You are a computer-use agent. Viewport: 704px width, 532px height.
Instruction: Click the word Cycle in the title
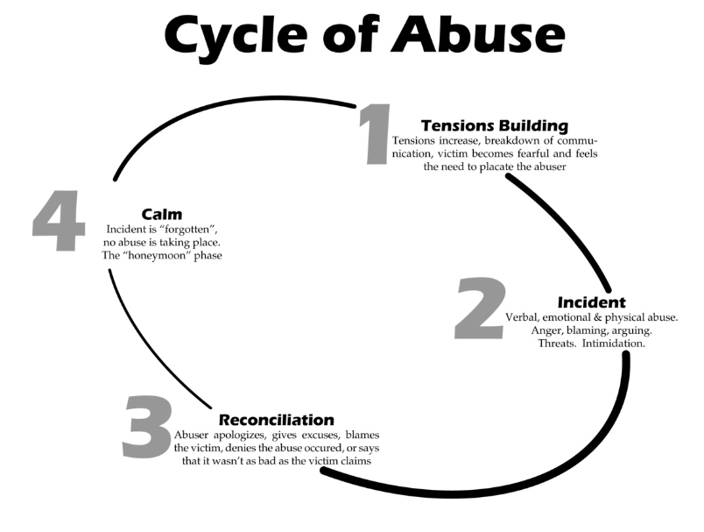232,36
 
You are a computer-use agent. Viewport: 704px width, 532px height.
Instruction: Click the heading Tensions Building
495,125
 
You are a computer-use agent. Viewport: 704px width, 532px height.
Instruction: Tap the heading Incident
591,302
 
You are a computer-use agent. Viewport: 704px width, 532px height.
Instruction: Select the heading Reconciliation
276,420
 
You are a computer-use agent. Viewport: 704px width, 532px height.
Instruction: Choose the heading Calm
161,214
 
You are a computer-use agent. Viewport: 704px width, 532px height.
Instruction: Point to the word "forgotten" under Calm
187,229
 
